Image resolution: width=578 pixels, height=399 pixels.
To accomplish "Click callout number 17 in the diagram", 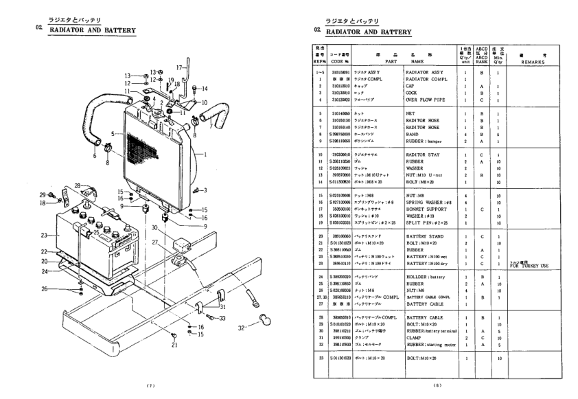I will [177, 67].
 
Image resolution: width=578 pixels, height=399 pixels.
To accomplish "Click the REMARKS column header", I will [531, 60].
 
